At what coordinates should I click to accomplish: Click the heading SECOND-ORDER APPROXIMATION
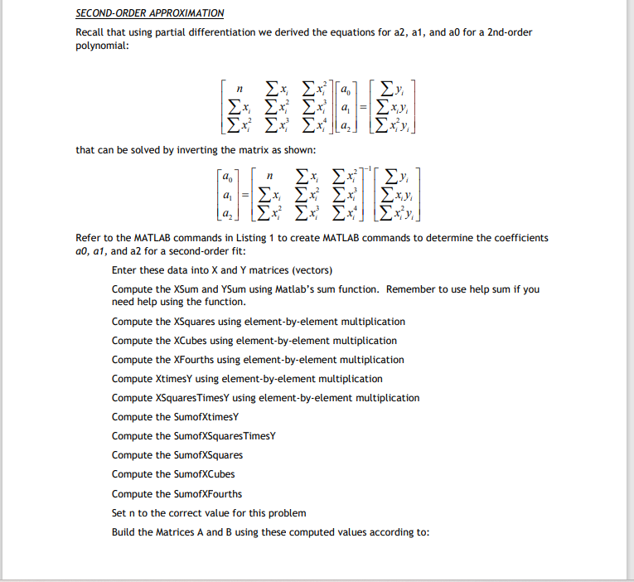coord(149,13)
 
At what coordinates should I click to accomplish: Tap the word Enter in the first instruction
coord(124,271)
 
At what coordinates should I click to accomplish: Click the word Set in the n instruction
coord(119,512)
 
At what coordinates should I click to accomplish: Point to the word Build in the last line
coord(124,531)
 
